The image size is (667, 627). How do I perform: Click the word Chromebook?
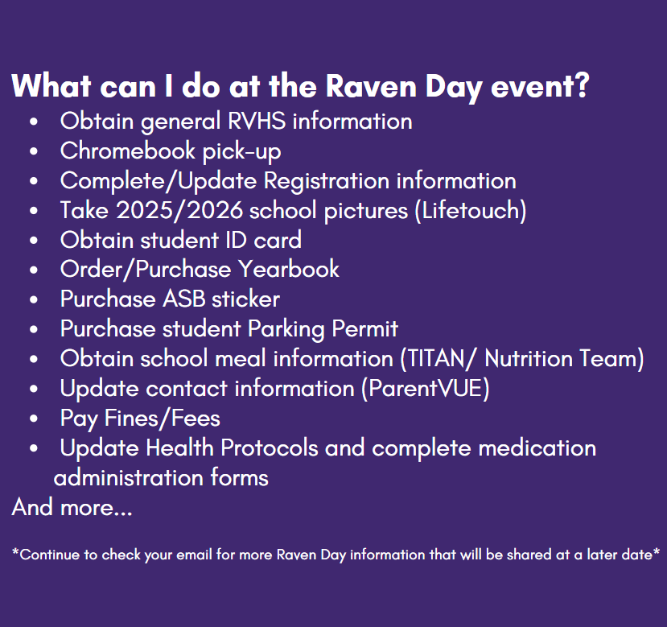click(116, 151)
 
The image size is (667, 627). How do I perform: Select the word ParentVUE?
click(425, 389)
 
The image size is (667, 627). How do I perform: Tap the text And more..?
click(71, 508)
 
